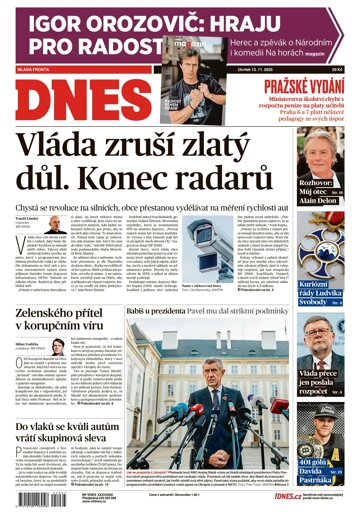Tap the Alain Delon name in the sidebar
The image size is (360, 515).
[327, 227]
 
